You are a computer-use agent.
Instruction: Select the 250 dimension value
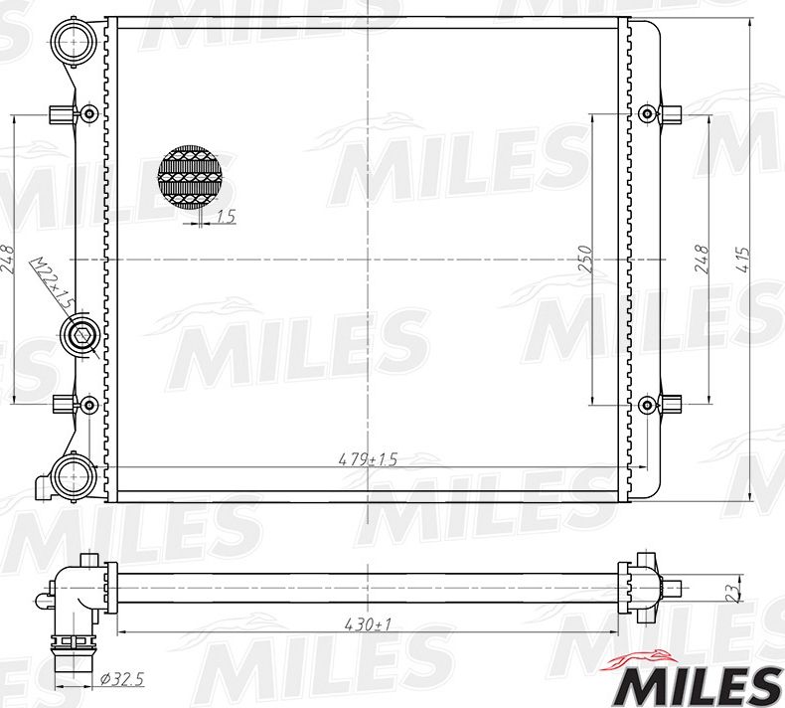(x=585, y=260)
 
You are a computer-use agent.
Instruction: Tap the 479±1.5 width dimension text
(x=368, y=459)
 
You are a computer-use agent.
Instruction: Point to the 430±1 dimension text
(x=367, y=623)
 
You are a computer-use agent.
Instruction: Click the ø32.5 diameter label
(x=122, y=679)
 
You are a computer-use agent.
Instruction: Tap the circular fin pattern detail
(x=190, y=178)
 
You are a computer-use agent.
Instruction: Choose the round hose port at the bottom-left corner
(x=73, y=476)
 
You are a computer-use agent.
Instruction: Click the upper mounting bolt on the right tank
(x=649, y=112)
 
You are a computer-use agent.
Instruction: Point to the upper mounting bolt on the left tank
(x=88, y=112)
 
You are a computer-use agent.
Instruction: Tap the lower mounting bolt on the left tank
(x=88, y=405)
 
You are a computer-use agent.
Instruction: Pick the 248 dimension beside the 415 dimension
(x=703, y=260)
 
